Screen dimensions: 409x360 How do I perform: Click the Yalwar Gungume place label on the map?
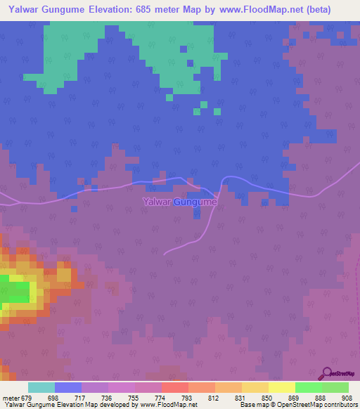click(x=180, y=202)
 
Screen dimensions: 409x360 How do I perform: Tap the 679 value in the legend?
click(x=29, y=397)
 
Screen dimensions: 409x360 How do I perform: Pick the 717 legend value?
click(x=82, y=397)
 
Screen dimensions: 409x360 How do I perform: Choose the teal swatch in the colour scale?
click(x=41, y=387)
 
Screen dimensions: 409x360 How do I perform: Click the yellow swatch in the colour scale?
click(x=281, y=387)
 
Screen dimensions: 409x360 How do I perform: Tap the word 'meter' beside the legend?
click(x=11, y=397)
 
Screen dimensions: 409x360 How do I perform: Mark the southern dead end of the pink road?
click(x=165, y=253)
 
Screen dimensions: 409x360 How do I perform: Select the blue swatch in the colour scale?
click(x=68, y=387)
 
